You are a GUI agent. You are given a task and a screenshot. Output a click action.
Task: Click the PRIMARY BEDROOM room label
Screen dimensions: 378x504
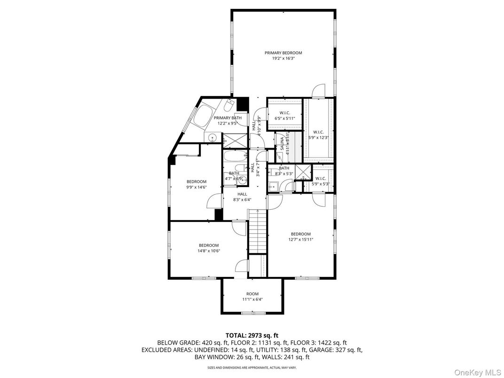pyautogui.click(x=283, y=53)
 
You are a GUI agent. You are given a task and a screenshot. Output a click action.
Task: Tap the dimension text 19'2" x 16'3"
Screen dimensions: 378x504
pyautogui.click(x=283, y=59)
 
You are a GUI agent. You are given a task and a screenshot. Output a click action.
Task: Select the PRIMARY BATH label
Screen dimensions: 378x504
pyautogui.click(x=228, y=118)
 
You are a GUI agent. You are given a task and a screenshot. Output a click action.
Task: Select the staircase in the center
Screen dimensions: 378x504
pyautogui.click(x=258, y=230)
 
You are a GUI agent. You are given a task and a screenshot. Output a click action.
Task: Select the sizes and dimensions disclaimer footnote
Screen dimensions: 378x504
pyautogui.click(x=252, y=368)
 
